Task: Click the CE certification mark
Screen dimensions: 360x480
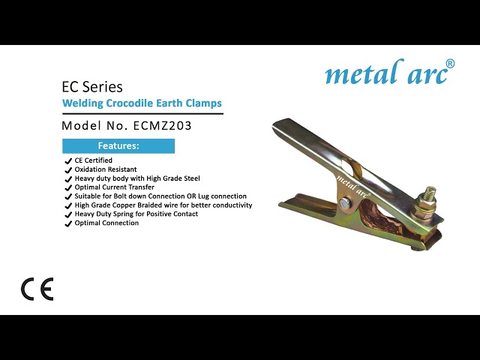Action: pyautogui.click(x=37, y=289)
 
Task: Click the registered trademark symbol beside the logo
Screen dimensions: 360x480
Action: pyautogui.click(x=450, y=63)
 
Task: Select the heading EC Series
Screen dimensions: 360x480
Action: pyautogui.click(x=92, y=87)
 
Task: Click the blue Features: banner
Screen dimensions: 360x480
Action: pyautogui.click(x=118, y=145)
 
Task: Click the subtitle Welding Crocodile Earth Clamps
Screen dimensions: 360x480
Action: pyautogui.click(x=142, y=103)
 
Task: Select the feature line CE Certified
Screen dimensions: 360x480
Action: pyautogui.click(x=93, y=160)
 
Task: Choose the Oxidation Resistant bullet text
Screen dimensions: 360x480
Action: pyautogui.click(x=106, y=169)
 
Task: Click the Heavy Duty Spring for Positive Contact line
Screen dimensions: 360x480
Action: pyautogui.click(x=136, y=214)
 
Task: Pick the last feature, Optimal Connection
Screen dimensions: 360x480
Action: pyautogui.click(x=106, y=223)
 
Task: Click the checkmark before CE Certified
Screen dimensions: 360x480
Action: pyautogui.click(x=68, y=160)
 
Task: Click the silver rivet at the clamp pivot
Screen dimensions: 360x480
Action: pyautogui.click(x=343, y=204)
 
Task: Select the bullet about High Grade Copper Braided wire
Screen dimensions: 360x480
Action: pyautogui.click(x=163, y=205)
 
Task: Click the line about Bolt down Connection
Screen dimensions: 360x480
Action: pyautogui.click(x=160, y=196)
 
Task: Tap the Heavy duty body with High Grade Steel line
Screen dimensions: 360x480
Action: pyautogui.click(x=137, y=178)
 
